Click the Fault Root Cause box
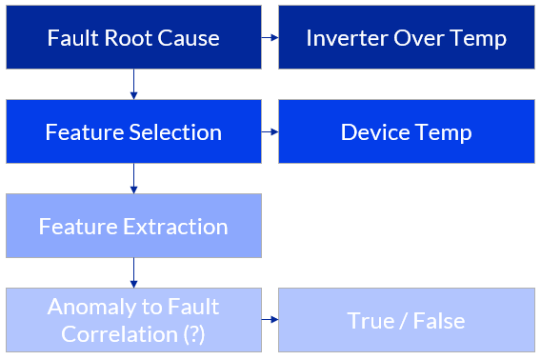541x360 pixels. click(x=133, y=38)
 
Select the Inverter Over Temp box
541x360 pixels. click(x=406, y=38)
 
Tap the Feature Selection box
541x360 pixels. click(x=133, y=131)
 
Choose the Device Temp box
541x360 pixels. click(x=406, y=131)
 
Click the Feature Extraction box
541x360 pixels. click(x=133, y=226)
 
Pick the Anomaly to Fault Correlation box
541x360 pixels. click(x=133, y=320)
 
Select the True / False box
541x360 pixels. click(x=406, y=320)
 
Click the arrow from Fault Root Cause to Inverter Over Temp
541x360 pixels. click(x=270, y=38)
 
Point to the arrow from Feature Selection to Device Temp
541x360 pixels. click(x=270, y=131)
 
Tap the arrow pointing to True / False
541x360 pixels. click(x=270, y=320)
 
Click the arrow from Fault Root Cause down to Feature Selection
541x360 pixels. click(x=133, y=85)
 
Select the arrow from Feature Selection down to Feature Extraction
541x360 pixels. click(x=133, y=178)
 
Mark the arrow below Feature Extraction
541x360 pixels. click(x=133, y=272)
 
